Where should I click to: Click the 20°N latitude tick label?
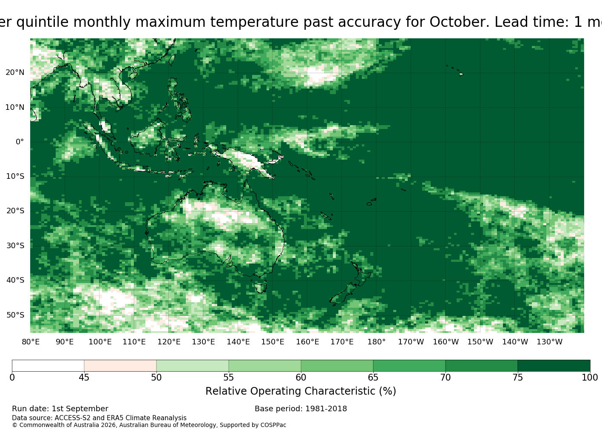(15, 72)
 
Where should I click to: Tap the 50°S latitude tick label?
(15, 315)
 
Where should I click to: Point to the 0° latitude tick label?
(20, 142)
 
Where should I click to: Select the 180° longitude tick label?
(376, 342)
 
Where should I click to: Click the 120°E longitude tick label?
(169, 342)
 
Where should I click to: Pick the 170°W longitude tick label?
(411, 342)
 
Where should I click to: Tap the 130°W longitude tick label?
(550, 342)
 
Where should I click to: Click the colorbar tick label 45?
(84, 377)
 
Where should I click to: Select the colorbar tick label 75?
(517, 377)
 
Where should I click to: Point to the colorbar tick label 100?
(590, 377)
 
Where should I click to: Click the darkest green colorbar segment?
(554, 366)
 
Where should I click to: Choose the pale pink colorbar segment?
(120, 366)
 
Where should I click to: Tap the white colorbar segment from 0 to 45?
(48, 366)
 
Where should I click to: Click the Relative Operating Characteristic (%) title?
(301, 391)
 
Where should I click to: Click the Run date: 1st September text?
(60, 409)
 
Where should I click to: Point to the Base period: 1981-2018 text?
(301, 409)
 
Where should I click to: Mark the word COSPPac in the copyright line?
(273, 425)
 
